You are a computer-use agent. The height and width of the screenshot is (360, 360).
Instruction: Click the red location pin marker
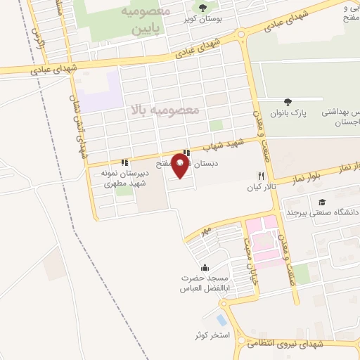tap(180, 167)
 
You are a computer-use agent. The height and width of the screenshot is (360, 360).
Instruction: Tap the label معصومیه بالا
tap(165, 110)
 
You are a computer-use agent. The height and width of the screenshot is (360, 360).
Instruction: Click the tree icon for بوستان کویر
tap(202, 8)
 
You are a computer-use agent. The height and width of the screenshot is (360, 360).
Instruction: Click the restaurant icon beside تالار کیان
tap(261, 176)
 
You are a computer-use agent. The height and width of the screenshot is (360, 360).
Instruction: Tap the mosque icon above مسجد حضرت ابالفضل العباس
tap(205, 267)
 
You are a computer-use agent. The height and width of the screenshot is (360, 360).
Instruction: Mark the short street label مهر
tap(206, 230)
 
